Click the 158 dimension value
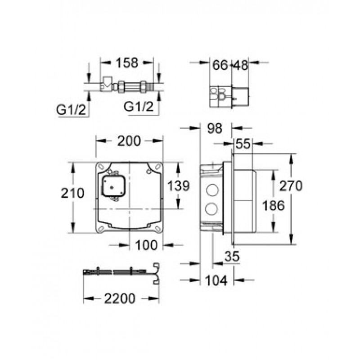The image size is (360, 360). (x=127, y=63)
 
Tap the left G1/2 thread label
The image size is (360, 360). (x=71, y=110)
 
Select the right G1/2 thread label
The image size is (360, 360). (x=139, y=107)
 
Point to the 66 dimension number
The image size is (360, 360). (x=220, y=65)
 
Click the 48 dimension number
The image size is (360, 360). (x=241, y=65)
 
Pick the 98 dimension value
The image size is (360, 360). (x=215, y=129)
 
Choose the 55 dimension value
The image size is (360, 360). (x=243, y=144)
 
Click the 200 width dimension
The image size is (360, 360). (x=129, y=141)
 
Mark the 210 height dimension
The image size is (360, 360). (x=72, y=193)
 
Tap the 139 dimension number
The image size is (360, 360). (x=178, y=186)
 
